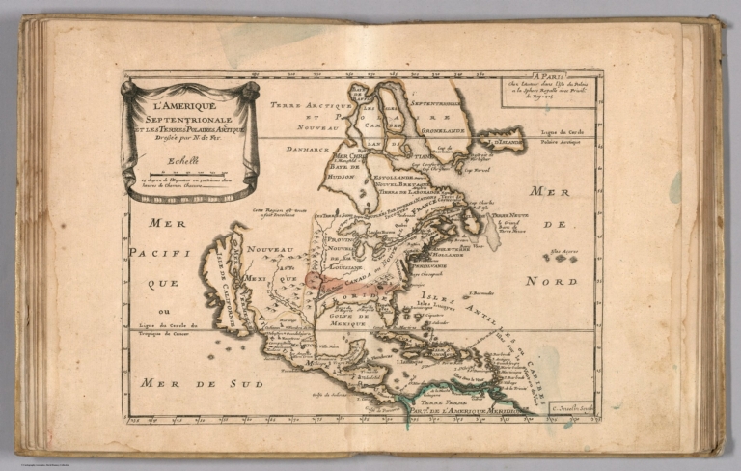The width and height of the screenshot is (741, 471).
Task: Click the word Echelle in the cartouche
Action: (181, 161)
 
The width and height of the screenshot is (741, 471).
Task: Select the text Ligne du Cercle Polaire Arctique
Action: (630, 134)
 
